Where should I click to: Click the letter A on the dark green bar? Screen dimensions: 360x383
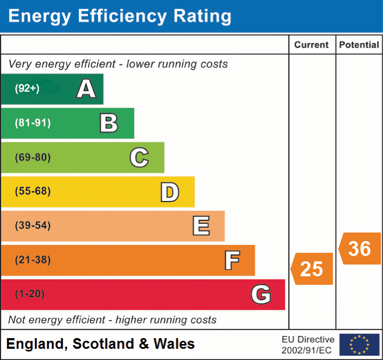pyautogui.click(x=86, y=89)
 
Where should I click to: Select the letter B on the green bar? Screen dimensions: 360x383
pyautogui.click(x=109, y=123)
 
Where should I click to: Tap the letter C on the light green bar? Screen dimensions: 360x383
pyautogui.click(x=139, y=158)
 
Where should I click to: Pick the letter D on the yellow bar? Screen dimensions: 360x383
pyautogui.click(x=170, y=192)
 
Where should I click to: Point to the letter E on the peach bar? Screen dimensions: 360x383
pyautogui.click(x=201, y=226)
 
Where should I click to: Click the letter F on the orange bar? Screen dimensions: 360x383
pyautogui.click(x=232, y=260)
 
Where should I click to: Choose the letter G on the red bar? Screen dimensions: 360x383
pyautogui.click(x=261, y=294)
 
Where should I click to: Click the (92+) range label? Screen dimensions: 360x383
pyautogui.click(x=27, y=89)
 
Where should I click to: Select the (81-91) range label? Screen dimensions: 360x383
pyautogui.click(x=32, y=123)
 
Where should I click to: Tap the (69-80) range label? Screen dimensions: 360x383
pyautogui.click(x=32, y=157)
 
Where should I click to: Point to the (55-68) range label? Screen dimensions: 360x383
pyautogui.click(x=32, y=191)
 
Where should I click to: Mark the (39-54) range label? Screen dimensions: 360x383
pyautogui.click(x=32, y=226)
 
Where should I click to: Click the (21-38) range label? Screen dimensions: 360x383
pyautogui.click(x=32, y=260)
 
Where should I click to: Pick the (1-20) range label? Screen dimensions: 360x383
pyautogui.click(x=30, y=294)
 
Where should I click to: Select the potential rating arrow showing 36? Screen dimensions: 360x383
pyautogui.click(x=360, y=249)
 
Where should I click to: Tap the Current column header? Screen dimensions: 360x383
pyautogui.click(x=312, y=45)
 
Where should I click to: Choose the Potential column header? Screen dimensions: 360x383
pyautogui.click(x=359, y=45)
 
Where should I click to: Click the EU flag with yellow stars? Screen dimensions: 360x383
pyautogui.click(x=360, y=345)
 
